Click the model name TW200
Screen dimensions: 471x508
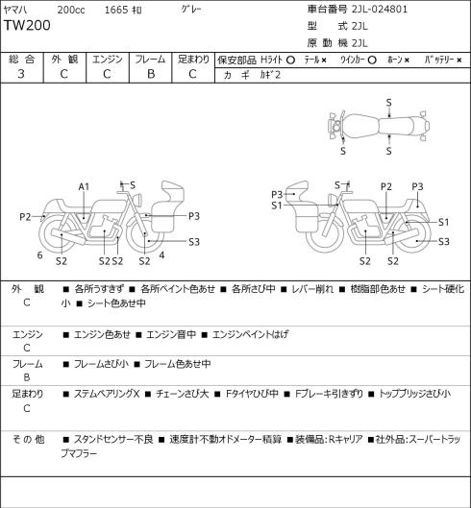[27, 25]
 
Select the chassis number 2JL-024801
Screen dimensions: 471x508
[380, 9]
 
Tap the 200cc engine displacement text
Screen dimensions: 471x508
[71, 10]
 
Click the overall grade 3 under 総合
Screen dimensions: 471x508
[21, 74]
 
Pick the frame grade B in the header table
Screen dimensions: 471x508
[151, 74]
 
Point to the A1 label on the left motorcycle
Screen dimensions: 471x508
[84, 186]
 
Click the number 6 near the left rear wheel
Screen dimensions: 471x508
[40, 255]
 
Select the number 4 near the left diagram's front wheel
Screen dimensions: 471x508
[161, 255]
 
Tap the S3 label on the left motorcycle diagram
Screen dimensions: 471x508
[194, 242]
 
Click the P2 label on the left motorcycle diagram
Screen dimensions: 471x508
[25, 216]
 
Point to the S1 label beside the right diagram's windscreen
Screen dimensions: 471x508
[277, 206]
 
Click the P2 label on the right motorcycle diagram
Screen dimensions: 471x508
[386, 186]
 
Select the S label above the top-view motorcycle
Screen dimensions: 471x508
[388, 103]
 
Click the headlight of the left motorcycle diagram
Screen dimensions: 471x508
[138, 199]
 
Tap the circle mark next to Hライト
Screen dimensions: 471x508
[290, 60]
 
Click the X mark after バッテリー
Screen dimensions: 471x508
[459, 60]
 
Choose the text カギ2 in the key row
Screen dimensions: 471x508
[270, 75]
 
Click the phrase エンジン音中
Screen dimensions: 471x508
[171, 334]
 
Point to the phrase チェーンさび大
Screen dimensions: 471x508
[183, 394]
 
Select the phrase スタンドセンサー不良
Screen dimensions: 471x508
[113, 440]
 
